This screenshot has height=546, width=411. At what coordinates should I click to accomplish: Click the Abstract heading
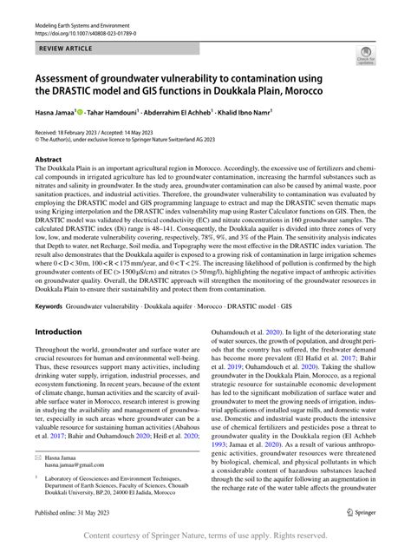(x=49, y=160)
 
